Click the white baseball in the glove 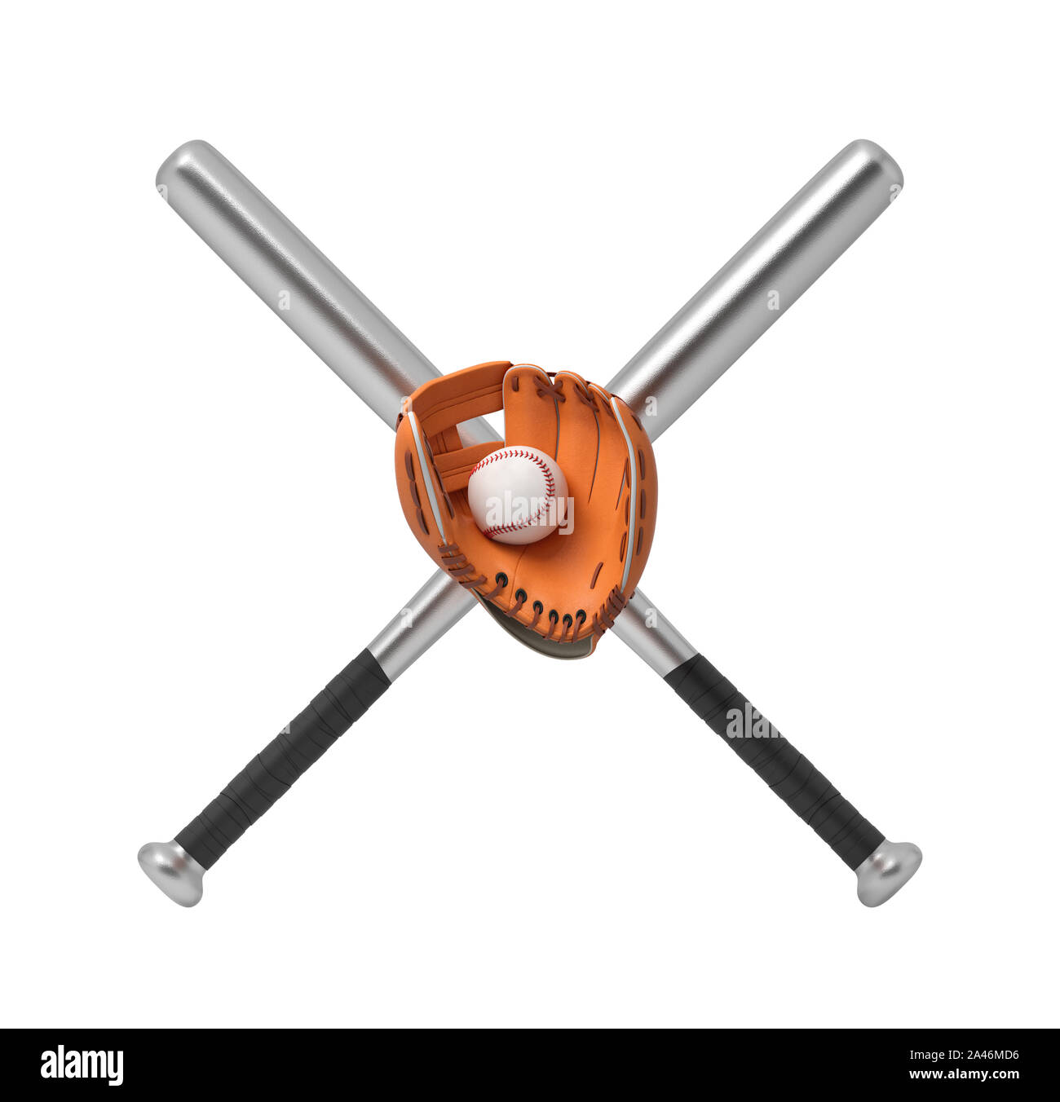(x=517, y=495)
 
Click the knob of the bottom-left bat (x=170, y=873)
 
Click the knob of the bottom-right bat (x=888, y=873)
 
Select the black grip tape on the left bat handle (x=281, y=760)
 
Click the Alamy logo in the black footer (x=82, y=1065)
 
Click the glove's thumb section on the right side (x=632, y=489)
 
